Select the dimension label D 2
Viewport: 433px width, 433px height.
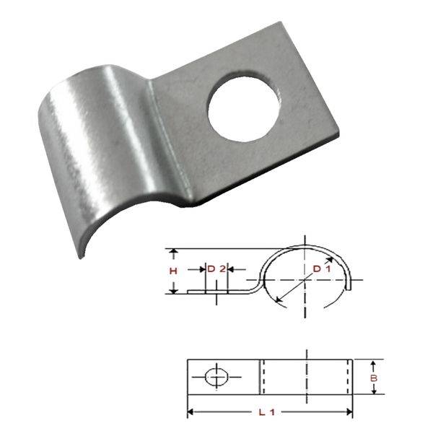[216, 268]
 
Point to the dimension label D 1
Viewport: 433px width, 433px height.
[321, 269]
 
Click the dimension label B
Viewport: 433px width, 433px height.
[374, 377]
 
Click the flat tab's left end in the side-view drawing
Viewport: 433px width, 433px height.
[189, 292]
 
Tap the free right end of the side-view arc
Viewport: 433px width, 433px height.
[351, 287]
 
